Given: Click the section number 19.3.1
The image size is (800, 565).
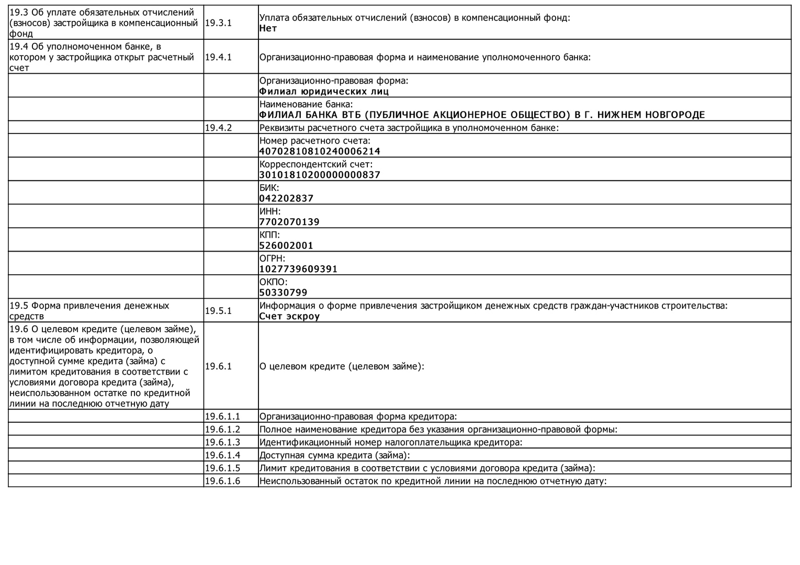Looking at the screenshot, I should tap(218, 23).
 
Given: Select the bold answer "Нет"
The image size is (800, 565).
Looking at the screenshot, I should tap(268, 29).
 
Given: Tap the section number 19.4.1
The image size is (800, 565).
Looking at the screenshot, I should tap(218, 57).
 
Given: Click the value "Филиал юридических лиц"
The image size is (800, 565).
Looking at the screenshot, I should tap(324, 92).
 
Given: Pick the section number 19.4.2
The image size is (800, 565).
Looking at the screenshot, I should tap(218, 128).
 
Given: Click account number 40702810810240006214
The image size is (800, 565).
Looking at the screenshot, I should tap(320, 152).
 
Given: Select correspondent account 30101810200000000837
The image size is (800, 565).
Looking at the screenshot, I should tap(320, 175).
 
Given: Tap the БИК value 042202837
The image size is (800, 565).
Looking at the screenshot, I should tap(286, 199).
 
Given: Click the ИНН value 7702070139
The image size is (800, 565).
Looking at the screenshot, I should tap(289, 222).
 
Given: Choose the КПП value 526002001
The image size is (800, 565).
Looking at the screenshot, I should tap(286, 246).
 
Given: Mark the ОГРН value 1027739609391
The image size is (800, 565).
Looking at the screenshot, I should tap(298, 269).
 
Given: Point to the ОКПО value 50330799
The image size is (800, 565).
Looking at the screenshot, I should tap(283, 293).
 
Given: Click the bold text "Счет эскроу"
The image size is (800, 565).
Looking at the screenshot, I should tap(289, 317).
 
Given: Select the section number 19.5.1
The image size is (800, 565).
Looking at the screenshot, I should tap(218, 311).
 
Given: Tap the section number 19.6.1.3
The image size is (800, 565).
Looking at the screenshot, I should tap(222, 443).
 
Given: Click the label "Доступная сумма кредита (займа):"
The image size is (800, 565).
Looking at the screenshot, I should tap(334, 456).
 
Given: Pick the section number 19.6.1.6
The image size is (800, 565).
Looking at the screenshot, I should tap(222, 481).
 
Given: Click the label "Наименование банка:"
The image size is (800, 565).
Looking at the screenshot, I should tap(306, 105).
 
